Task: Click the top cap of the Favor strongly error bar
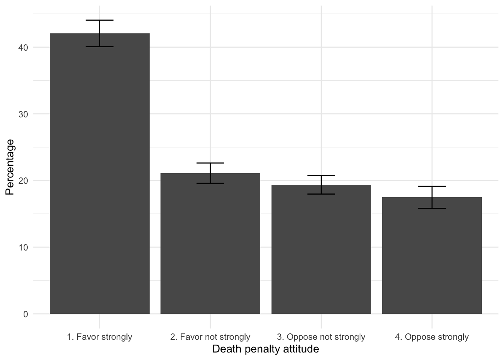[x=100, y=20]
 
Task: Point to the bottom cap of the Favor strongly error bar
[x=100, y=47]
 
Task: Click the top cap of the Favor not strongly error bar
[x=210, y=163]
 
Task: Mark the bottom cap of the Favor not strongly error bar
[x=210, y=183]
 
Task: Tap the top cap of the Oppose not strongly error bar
[x=321, y=175]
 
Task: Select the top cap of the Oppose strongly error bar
[x=432, y=186]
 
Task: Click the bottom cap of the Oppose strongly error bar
[x=432, y=208]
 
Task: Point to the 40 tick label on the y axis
[x=23, y=48]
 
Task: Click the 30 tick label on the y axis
[x=23, y=114]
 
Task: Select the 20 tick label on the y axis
[x=23, y=181]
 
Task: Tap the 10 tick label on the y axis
[x=23, y=247]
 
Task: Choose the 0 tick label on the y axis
[x=25, y=314]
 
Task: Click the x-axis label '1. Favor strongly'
[x=100, y=337]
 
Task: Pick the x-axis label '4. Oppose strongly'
[x=432, y=337]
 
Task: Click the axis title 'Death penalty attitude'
[x=265, y=349]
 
